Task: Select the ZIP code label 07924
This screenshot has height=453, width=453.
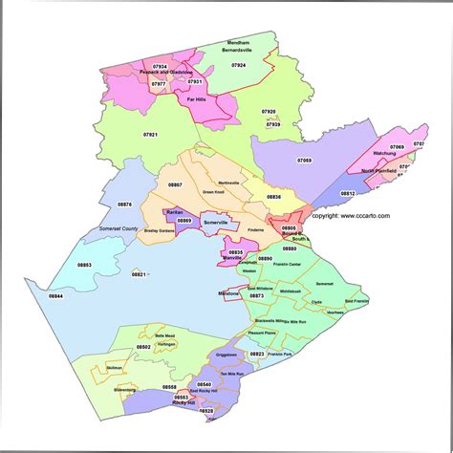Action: tap(239, 65)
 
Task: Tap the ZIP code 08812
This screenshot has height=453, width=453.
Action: tap(347, 193)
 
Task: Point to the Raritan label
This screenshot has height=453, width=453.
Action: tap(174, 210)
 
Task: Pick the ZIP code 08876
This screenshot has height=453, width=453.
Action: tap(125, 204)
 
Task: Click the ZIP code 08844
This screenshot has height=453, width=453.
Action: tap(56, 296)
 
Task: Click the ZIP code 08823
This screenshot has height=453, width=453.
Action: tap(258, 354)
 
